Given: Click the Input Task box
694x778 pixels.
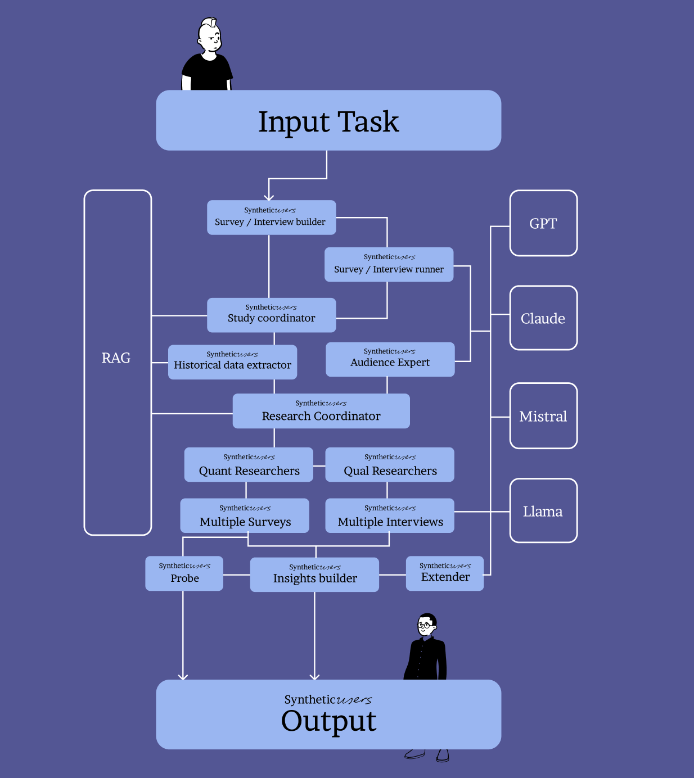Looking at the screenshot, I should [x=328, y=120].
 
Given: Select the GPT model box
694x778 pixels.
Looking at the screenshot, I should [x=543, y=223].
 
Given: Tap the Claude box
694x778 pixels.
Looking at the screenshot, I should [x=543, y=318].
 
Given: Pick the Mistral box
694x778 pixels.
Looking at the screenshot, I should [x=543, y=416].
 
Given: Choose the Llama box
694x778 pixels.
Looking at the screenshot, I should [x=543, y=511].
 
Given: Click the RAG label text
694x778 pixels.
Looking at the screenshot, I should [x=116, y=358].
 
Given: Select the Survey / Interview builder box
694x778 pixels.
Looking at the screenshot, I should [x=271, y=218].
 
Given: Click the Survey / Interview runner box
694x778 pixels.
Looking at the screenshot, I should [x=389, y=264].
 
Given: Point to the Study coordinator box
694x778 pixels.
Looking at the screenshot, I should [x=271, y=315].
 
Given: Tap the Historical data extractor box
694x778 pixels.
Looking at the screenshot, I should [x=232, y=362].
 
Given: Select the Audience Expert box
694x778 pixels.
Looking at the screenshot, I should [x=390, y=359].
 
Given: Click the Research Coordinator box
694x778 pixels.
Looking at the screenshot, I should [x=321, y=411].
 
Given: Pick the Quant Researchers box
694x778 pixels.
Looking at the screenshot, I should [x=249, y=465].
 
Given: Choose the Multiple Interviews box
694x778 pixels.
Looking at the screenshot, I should [x=390, y=515].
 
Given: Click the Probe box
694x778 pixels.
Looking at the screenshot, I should [x=184, y=573].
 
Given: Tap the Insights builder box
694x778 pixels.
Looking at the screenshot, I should [x=314, y=575].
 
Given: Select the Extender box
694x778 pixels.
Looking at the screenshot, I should [x=445, y=573].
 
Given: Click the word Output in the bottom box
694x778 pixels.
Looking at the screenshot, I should [x=328, y=721].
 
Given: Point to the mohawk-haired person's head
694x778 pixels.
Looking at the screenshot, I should [x=210, y=37].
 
